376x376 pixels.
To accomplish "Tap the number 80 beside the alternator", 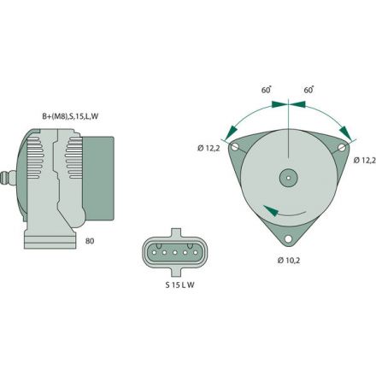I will (91, 242).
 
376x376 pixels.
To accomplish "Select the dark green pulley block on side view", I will (99, 181).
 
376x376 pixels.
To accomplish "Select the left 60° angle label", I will (266, 89).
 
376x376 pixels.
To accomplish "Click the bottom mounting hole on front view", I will (288, 238).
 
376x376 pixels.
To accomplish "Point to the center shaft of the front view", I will (288, 179).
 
